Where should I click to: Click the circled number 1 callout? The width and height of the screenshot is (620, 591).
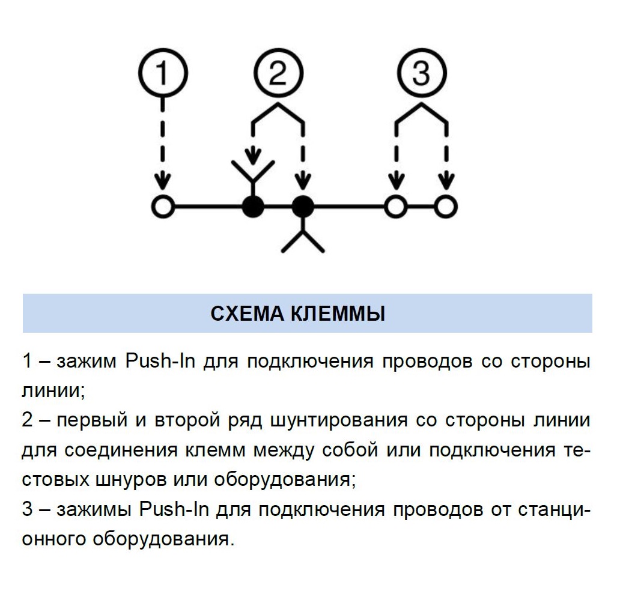click(x=163, y=73)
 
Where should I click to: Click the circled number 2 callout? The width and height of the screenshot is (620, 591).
click(x=278, y=73)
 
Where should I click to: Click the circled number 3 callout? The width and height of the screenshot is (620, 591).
click(x=422, y=73)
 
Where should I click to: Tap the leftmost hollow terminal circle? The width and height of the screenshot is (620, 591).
click(x=163, y=207)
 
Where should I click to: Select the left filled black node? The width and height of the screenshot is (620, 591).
click(x=253, y=207)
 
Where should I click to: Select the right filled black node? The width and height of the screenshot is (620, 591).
click(x=303, y=207)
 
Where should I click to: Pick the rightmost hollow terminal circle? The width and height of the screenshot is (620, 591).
click(x=446, y=207)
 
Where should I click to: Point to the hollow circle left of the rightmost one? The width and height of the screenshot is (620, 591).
click(x=396, y=207)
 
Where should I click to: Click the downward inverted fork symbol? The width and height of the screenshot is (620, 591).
click(x=303, y=233)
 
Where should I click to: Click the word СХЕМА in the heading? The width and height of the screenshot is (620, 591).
click(x=248, y=314)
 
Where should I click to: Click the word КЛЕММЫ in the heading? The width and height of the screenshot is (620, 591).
click(x=338, y=314)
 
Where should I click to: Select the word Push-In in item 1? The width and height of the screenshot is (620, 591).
click(x=160, y=360)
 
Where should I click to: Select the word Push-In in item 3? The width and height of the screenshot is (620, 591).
click(x=174, y=509)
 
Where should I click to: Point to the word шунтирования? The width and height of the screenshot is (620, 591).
click(x=339, y=420)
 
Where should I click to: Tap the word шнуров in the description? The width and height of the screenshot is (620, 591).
click(x=130, y=479)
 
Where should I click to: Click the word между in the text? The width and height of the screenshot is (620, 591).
click(x=284, y=450)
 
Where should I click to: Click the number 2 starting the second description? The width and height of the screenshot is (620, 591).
click(x=27, y=420)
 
